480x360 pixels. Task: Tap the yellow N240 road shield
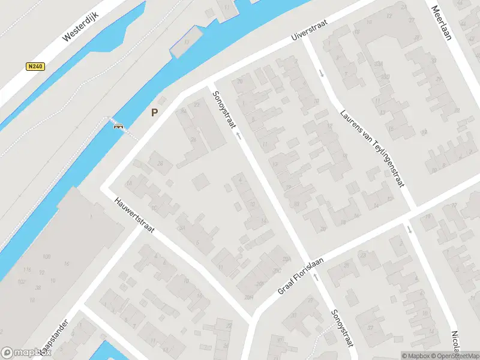pos(34,67)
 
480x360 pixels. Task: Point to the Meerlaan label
pos(442,23)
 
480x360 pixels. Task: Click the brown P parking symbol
pos(154,112)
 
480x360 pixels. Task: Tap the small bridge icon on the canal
pos(118,125)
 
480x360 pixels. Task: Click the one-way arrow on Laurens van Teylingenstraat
pos(322,74)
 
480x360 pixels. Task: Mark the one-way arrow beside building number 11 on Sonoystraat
pos(238,137)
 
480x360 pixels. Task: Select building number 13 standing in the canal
pos(187,41)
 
